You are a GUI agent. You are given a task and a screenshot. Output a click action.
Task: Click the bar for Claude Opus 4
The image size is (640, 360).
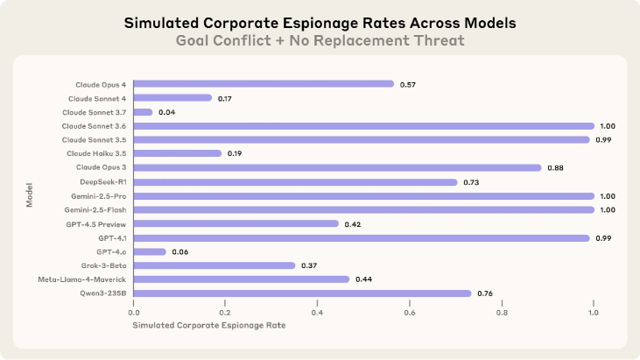coord(264,84)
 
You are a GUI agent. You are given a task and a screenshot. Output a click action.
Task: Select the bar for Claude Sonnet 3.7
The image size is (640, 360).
coord(143,112)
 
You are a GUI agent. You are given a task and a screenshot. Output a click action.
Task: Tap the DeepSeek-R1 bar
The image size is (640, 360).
coord(295,182)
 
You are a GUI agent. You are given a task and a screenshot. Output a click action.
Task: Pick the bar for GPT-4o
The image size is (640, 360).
coord(150,251)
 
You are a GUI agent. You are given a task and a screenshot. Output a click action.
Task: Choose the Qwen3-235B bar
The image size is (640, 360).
coord(302,293)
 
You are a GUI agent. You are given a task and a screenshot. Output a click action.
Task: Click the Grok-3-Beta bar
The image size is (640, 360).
coord(215,265)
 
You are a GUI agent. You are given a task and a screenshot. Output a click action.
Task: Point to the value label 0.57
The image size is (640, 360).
coord(407,84)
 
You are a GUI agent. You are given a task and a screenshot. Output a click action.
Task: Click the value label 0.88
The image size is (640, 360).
coord(555,168)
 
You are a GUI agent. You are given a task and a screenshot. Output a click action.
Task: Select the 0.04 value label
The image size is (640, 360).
coord(166,112)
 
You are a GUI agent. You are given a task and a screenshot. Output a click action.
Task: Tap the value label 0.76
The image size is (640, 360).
coord(485,293)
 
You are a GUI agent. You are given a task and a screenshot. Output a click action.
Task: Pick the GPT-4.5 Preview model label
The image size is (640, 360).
coord(97,223)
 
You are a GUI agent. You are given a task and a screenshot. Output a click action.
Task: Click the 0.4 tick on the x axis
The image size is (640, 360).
coord(318,312)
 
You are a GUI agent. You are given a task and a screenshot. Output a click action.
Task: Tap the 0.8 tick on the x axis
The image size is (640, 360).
coord(502,312)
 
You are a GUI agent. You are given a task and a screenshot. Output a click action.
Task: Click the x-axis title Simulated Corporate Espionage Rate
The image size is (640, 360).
coord(209,326)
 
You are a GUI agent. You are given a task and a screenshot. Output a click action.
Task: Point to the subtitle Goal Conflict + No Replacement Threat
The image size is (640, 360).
coord(320,39)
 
